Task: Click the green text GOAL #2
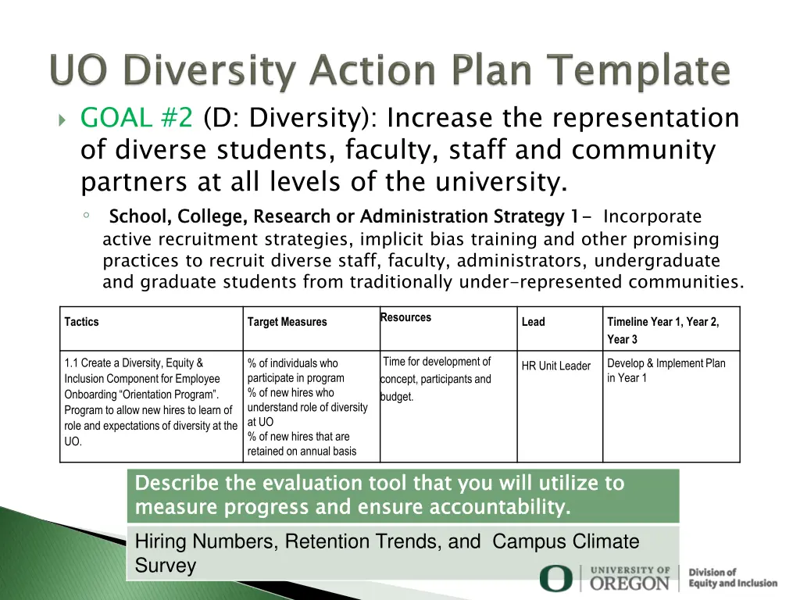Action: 137,118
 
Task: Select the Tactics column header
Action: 81,322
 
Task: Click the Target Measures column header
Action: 287,322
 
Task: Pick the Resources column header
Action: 405,317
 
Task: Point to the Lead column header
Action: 534,322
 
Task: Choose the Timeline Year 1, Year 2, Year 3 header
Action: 662,330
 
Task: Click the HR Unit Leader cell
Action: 556,366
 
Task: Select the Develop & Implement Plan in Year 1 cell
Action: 666,370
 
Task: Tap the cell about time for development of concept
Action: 436,379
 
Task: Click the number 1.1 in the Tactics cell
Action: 71,362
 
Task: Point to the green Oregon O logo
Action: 555,578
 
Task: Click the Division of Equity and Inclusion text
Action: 732,578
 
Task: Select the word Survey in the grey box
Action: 165,566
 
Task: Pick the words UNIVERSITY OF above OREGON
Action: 630,570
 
